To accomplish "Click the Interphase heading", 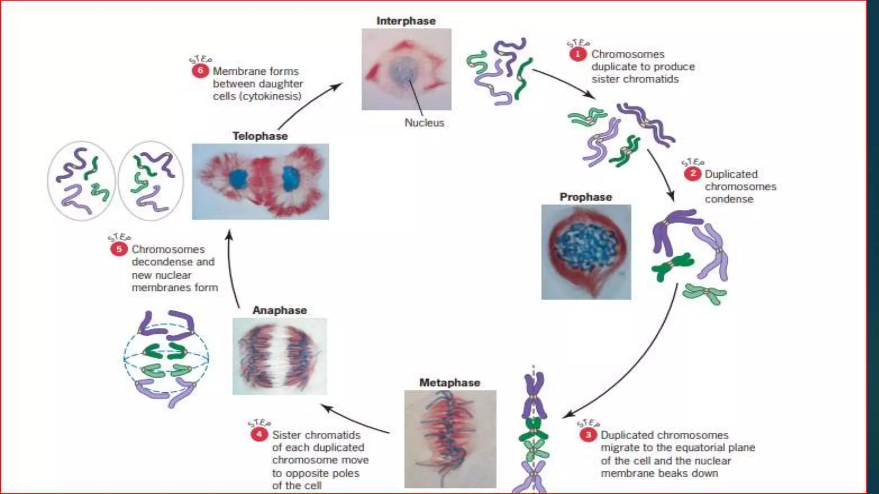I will point(406,21).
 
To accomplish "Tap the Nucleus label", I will point(424,123).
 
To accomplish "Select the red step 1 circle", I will point(578,54).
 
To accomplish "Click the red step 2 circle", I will point(692,174).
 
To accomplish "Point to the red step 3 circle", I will point(588,435).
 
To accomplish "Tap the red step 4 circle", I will point(259,434).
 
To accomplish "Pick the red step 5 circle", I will point(119,249).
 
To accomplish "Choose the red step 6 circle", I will point(200,71).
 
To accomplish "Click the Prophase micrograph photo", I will point(586,252).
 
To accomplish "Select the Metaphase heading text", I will point(449,383).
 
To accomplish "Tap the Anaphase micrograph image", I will point(279,356).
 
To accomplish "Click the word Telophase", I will point(260,136).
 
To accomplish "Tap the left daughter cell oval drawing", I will point(82,181).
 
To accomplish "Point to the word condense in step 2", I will point(729,199).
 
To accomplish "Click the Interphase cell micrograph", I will point(406,69).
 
